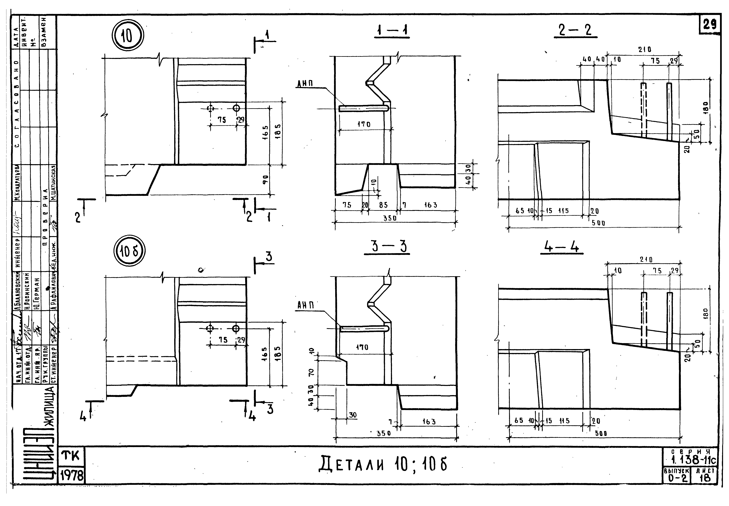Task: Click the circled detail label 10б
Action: point(129,251)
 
